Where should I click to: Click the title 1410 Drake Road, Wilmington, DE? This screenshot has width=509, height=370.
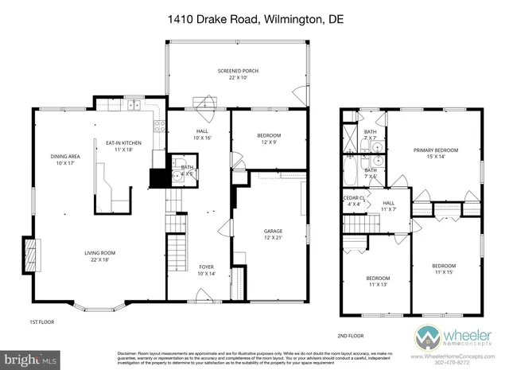point(254,18)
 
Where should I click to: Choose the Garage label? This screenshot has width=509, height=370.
point(273,234)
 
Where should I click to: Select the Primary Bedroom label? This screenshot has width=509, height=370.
point(435,154)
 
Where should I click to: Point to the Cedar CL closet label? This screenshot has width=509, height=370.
point(353,201)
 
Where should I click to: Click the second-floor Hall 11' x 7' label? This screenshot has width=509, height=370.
point(389,206)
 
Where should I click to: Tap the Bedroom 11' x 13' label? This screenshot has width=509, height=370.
point(378,282)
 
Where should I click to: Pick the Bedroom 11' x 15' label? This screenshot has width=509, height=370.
point(444,269)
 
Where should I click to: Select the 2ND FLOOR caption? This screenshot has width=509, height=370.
point(349,337)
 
